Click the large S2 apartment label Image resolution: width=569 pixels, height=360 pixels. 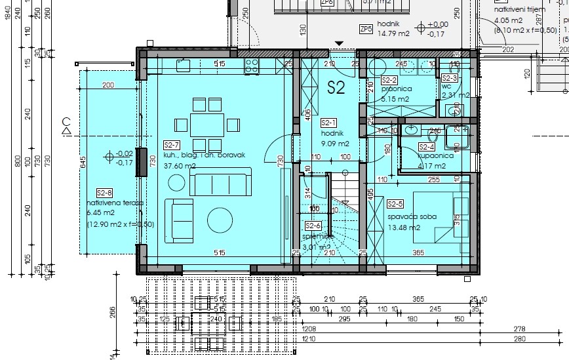tap(336, 89)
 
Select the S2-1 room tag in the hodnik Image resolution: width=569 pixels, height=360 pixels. tap(328, 123)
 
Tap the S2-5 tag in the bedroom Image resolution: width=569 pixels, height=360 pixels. tap(395, 204)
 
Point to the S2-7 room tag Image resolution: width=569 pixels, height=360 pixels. tap(171, 146)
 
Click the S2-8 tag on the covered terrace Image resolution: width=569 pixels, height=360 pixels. tap(104, 193)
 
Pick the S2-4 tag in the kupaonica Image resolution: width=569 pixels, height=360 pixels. tap(427, 148)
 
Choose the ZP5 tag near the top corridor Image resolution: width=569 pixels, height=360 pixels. tap(366, 29)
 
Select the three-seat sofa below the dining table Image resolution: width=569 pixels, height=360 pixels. tap(220, 182)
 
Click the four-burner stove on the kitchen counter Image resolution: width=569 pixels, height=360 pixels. tap(251, 64)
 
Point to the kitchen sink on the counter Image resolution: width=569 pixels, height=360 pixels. tap(183, 64)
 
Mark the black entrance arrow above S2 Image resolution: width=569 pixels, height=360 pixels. tap(338, 44)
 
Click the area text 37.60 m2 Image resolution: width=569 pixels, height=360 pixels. tap(181, 166)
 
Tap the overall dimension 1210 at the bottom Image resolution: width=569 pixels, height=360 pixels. tap(309, 349)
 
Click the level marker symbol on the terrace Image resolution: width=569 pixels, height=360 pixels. tap(109, 157)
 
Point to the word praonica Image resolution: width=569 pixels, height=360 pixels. tap(395, 89)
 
